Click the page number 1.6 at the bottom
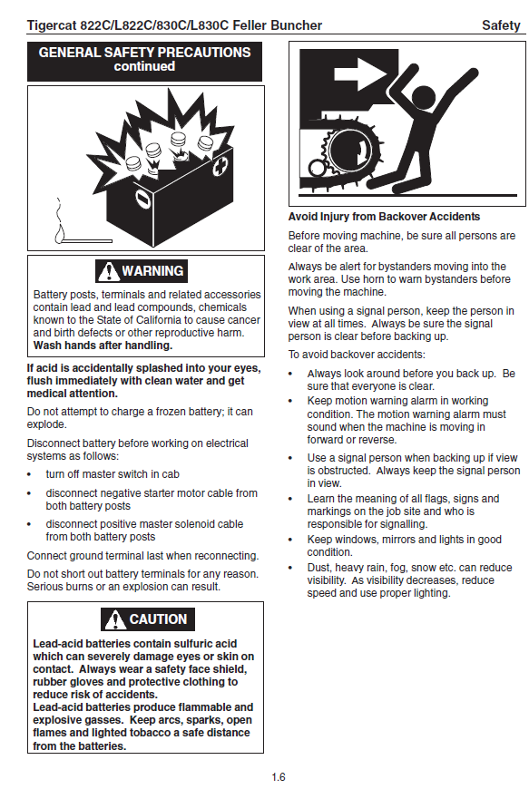point(279,777)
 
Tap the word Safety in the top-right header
point(500,25)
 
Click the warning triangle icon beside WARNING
point(108,271)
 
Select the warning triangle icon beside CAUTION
point(115,619)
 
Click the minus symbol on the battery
point(143,200)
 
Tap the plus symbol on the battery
point(220,167)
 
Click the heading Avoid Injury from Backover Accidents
point(384,217)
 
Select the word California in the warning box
point(189,320)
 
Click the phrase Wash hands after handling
point(103,346)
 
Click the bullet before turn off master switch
point(29,475)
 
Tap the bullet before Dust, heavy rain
point(290,568)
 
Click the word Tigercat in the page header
point(51,25)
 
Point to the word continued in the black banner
point(144,66)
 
